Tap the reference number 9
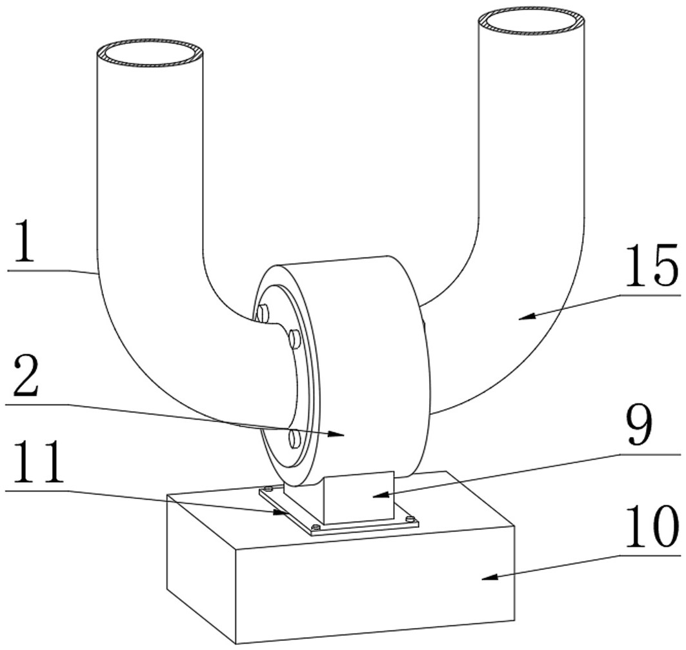coord(640,427)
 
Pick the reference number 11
coord(35,463)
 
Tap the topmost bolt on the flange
coord(262,314)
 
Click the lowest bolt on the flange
coord(294,439)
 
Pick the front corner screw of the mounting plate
coord(315,529)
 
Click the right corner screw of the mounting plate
coord(408,518)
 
